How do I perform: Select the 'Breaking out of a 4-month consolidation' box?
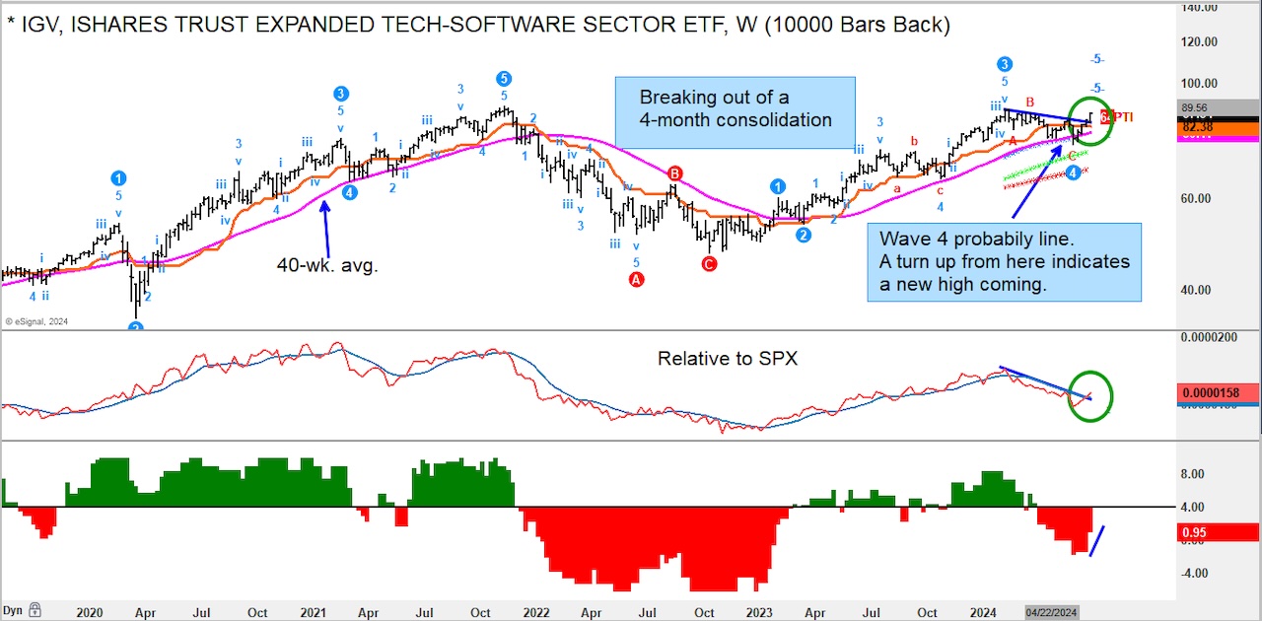click(735, 109)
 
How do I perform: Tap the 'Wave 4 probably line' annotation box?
click(1004, 262)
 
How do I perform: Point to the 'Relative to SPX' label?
click(727, 359)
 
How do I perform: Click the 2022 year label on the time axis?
click(536, 612)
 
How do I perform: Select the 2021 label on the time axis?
click(314, 612)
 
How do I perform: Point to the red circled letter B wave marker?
click(675, 173)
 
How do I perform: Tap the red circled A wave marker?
click(636, 280)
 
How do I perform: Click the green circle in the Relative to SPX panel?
click(1090, 394)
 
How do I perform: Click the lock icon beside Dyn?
click(35, 610)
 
